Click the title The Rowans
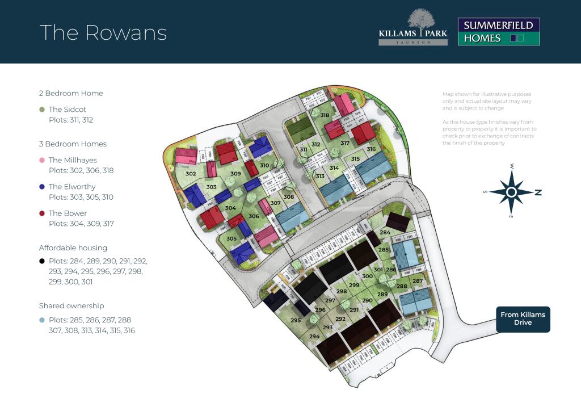tap(103, 32)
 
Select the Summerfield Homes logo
tap(499, 32)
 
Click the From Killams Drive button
tap(523, 319)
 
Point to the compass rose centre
tap(511, 192)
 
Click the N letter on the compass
tap(538, 193)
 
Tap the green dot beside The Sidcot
tap(42, 110)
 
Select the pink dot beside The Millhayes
tap(42, 161)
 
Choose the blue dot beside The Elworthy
tap(42, 187)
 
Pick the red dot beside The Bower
tap(42, 213)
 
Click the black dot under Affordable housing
tap(42, 261)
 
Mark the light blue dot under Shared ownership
tap(42, 320)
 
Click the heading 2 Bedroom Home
tap(71, 93)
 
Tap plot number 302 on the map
tap(191, 174)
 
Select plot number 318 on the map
tap(325, 115)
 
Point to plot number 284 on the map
tap(385, 233)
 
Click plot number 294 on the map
tap(314, 337)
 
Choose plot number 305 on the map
tap(231, 239)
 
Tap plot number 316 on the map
tap(371, 149)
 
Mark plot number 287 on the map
tap(417, 282)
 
